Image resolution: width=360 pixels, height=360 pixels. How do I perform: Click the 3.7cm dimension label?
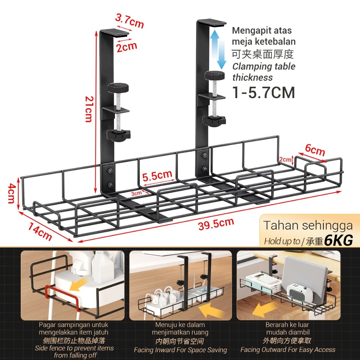point(130,22)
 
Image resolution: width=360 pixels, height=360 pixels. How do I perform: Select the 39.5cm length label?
point(216,224)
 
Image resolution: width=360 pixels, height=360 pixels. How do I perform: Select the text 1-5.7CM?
point(263,92)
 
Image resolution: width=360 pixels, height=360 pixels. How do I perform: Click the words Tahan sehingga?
point(308,225)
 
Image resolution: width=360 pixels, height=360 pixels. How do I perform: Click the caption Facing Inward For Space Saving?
point(180,350)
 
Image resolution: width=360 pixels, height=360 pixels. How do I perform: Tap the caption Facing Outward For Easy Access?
point(288,349)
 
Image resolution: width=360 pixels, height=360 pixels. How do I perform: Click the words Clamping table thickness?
point(263,71)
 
